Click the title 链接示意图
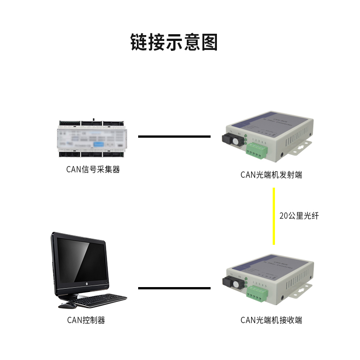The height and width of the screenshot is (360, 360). [174, 42]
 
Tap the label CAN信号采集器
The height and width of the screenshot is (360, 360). [93, 170]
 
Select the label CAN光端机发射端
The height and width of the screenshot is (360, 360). [271, 175]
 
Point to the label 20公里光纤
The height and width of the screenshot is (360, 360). [299, 216]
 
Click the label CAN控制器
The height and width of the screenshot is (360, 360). [86, 320]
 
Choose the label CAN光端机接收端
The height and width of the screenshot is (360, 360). [271, 320]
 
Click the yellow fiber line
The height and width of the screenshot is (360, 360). [273, 216]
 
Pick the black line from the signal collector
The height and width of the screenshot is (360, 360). [174, 136]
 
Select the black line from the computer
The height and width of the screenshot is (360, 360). [174, 288]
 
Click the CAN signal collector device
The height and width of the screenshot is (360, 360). [93, 138]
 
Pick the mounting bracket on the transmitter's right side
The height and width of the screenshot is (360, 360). [301, 147]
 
